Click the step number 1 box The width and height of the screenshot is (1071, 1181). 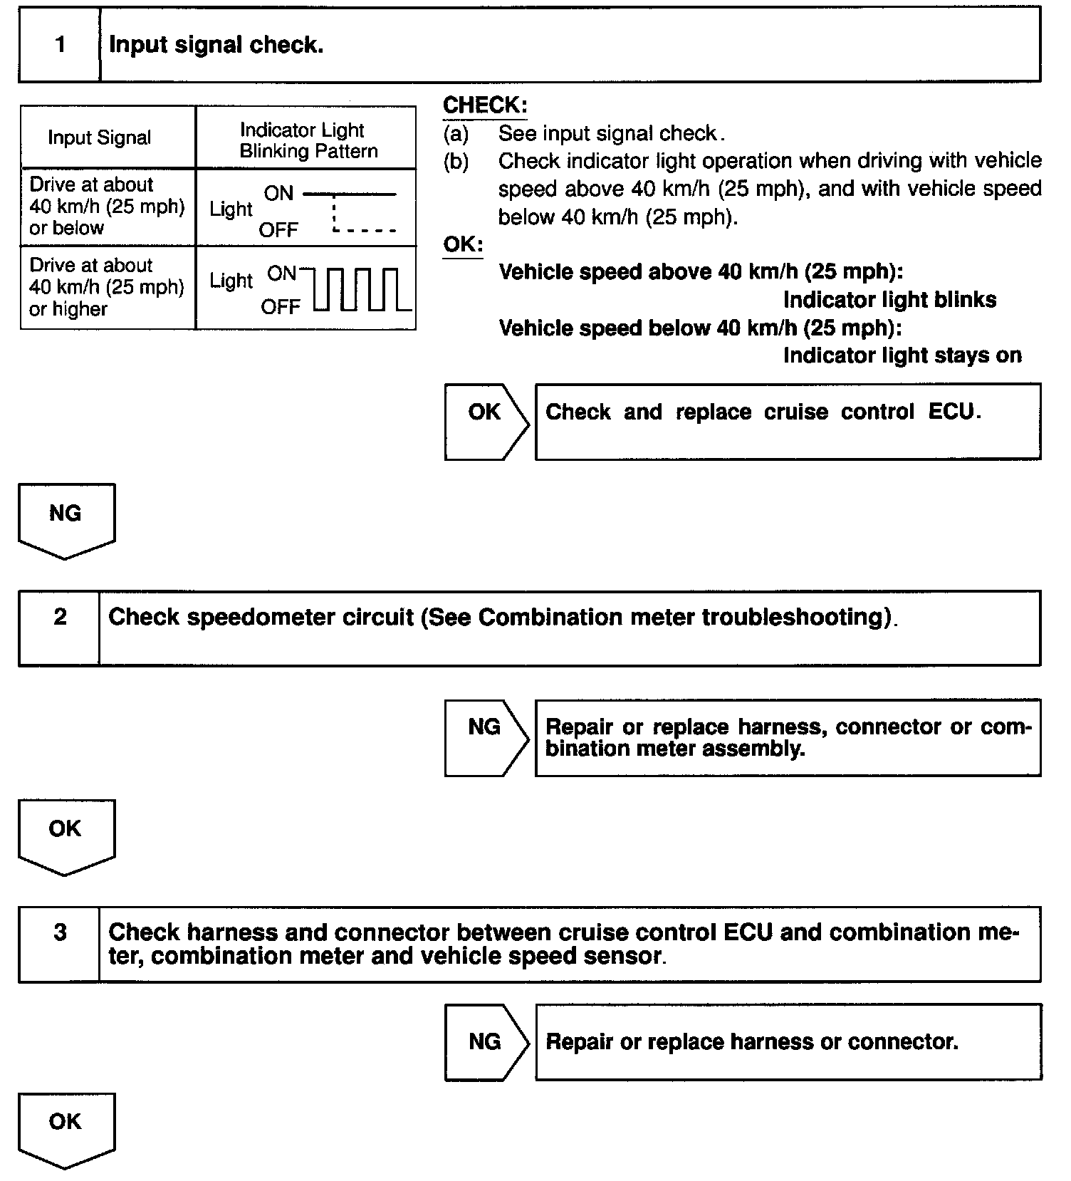(60, 45)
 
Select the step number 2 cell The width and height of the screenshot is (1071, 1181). (60, 628)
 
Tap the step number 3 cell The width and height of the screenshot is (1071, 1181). (60, 944)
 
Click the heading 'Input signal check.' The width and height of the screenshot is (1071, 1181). (216, 45)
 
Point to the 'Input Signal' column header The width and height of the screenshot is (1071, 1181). (100, 137)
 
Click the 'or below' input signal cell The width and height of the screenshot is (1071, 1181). (107, 207)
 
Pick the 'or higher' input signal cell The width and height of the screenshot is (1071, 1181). (107, 287)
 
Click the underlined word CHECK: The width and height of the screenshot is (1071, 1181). (485, 105)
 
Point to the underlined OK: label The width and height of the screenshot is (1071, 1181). (463, 244)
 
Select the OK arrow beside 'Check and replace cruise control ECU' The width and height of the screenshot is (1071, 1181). (486, 421)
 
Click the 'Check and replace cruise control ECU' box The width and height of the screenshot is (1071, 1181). (788, 421)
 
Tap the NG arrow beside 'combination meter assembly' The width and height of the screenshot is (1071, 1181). (486, 737)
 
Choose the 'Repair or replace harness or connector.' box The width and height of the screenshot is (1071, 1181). (788, 1041)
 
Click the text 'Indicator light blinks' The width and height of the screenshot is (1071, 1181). (889, 300)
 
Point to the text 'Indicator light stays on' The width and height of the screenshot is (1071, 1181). (902, 355)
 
